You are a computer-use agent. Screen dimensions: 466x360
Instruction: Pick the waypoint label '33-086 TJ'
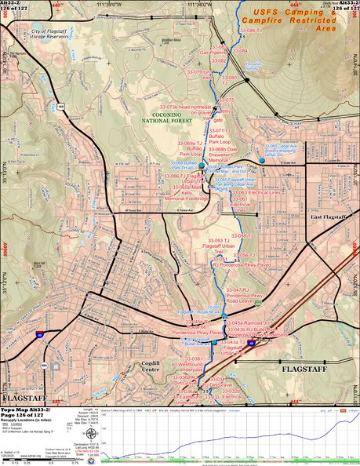pos(249,31)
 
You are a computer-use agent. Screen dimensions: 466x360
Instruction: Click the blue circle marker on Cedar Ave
pos(262,162)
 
